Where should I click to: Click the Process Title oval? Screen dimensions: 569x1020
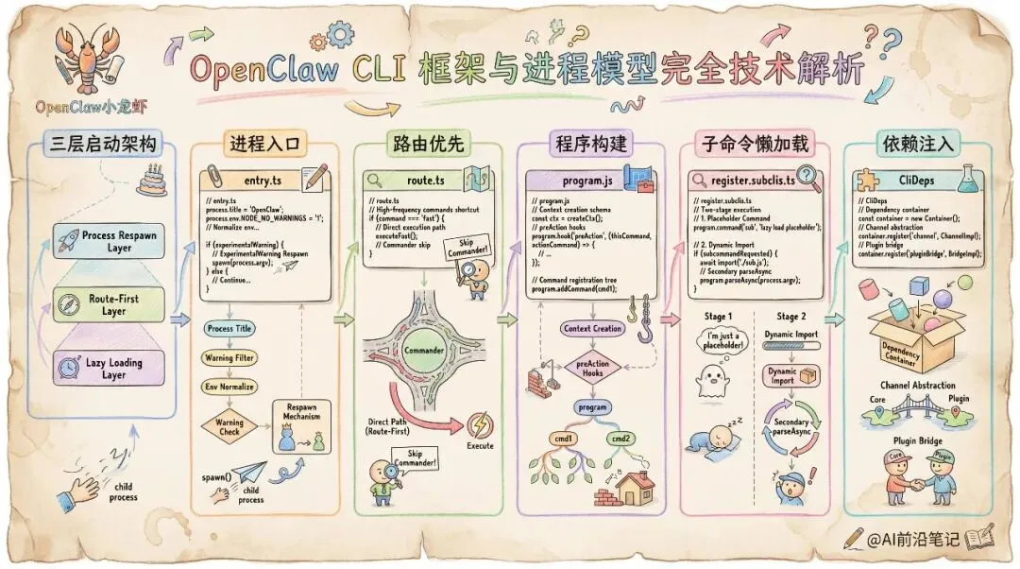pos(230,328)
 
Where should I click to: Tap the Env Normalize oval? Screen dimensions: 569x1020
pos(230,386)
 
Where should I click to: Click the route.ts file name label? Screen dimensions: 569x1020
pos(423,180)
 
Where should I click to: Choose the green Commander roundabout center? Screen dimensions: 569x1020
pos(423,351)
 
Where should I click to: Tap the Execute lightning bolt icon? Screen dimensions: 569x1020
pos(480,425)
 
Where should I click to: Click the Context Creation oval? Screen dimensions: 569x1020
pos(592,328)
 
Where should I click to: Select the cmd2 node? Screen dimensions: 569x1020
pos(620,438)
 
